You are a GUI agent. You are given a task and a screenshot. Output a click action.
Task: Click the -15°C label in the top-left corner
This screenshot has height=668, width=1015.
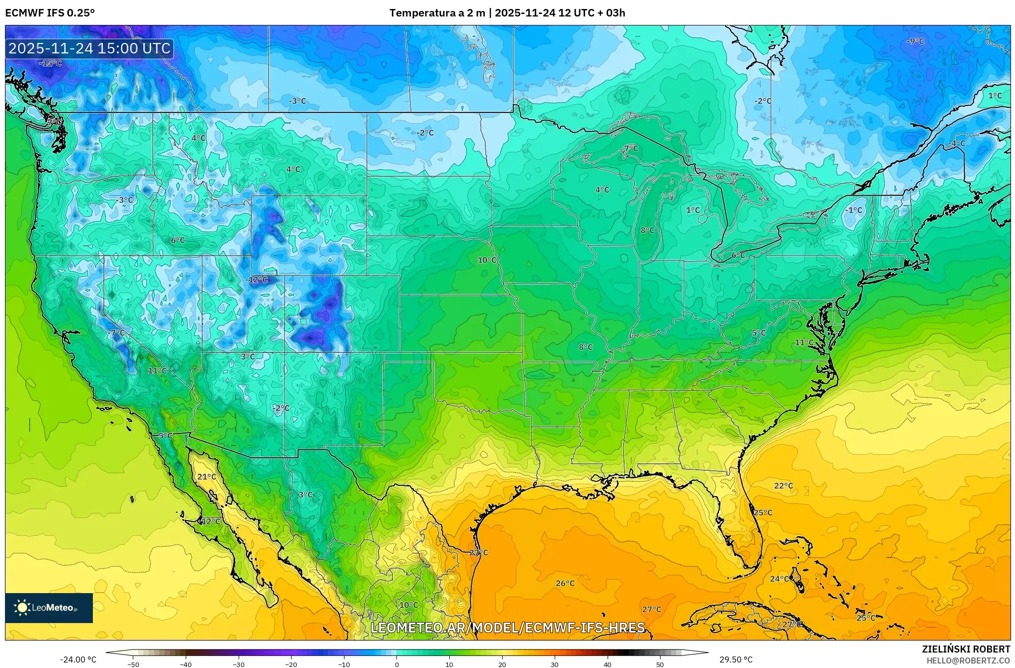(x=50, y=63)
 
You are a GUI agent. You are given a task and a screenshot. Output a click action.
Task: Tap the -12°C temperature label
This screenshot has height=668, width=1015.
(x=257, y=280)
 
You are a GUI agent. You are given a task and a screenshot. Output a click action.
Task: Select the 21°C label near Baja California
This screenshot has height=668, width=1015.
(x=207, y=477)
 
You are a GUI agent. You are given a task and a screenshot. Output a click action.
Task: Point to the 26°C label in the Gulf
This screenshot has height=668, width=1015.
(x=565, y=583)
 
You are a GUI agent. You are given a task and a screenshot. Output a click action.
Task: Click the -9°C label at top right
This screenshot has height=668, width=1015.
(x=915, y=41)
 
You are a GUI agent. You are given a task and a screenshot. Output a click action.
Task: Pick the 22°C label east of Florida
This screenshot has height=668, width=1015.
(x=783, y=486)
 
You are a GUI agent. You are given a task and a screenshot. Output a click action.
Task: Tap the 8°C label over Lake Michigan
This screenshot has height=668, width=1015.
(x=648, y=230)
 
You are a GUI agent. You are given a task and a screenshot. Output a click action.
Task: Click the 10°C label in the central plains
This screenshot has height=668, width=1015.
(x=487, y=260)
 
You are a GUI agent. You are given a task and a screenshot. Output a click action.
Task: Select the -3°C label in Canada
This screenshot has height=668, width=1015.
(x=297, y=101)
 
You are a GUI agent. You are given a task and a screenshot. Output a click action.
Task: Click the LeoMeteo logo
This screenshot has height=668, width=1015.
(x=48, y=608)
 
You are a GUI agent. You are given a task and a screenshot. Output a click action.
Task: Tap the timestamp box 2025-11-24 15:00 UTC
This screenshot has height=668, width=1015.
(x=89, y=48)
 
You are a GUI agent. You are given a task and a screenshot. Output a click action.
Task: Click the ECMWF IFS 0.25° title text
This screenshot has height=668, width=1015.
(x=50, y=13)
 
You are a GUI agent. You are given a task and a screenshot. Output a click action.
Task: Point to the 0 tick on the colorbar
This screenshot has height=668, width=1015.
(x=397, y=664)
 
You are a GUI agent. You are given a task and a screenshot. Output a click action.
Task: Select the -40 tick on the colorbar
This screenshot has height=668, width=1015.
(x=186, y=664)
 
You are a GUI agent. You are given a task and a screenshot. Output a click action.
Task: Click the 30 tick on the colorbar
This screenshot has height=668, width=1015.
(x=555, y=664)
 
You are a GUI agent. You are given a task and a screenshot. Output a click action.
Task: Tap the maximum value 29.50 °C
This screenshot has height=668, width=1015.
(x=736, y=660)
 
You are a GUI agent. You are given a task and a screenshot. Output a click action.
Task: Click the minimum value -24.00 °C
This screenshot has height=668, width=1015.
(x=78, y=660)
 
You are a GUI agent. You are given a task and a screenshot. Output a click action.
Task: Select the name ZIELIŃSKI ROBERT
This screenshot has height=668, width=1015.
(x=966, y=649)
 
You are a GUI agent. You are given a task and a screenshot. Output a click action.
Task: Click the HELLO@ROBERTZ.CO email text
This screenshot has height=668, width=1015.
(x=968, y=661)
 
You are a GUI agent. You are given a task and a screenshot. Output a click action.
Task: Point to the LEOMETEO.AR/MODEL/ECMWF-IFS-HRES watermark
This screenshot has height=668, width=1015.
(x=508, y=628)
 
